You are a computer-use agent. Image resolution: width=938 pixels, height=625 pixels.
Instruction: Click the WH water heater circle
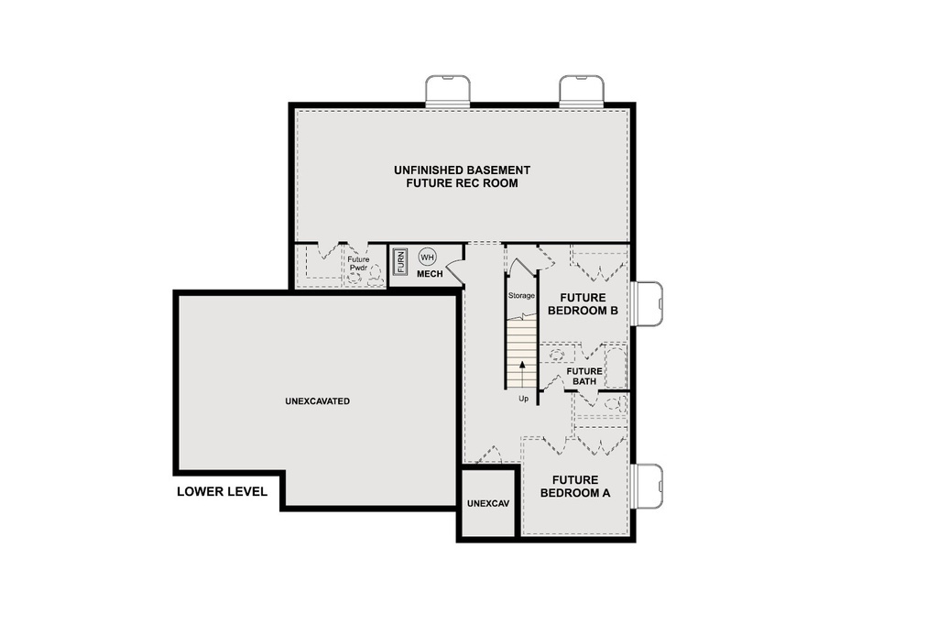428,258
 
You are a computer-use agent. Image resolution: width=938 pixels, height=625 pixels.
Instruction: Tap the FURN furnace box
400,262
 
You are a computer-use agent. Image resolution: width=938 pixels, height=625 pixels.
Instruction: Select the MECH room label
430,274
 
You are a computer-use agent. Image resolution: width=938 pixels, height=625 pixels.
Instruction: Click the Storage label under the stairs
521,295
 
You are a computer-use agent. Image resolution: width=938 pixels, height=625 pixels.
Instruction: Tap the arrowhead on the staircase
522,364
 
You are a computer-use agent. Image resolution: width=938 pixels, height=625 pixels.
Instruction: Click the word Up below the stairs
522,399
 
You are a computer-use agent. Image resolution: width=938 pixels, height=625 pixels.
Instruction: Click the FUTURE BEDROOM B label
583,304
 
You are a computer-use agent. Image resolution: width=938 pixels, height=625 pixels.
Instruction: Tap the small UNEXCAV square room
487,504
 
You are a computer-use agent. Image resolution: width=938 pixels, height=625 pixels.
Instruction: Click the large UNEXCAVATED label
317,401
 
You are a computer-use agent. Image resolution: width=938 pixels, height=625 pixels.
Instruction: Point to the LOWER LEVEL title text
222,492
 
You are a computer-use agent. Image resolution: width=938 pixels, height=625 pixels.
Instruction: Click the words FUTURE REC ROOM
462,183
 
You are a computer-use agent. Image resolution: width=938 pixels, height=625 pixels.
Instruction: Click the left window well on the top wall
448,91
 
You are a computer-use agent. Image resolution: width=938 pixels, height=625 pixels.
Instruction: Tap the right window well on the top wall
582,91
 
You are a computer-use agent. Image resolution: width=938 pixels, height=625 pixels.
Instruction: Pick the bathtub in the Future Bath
615,366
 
